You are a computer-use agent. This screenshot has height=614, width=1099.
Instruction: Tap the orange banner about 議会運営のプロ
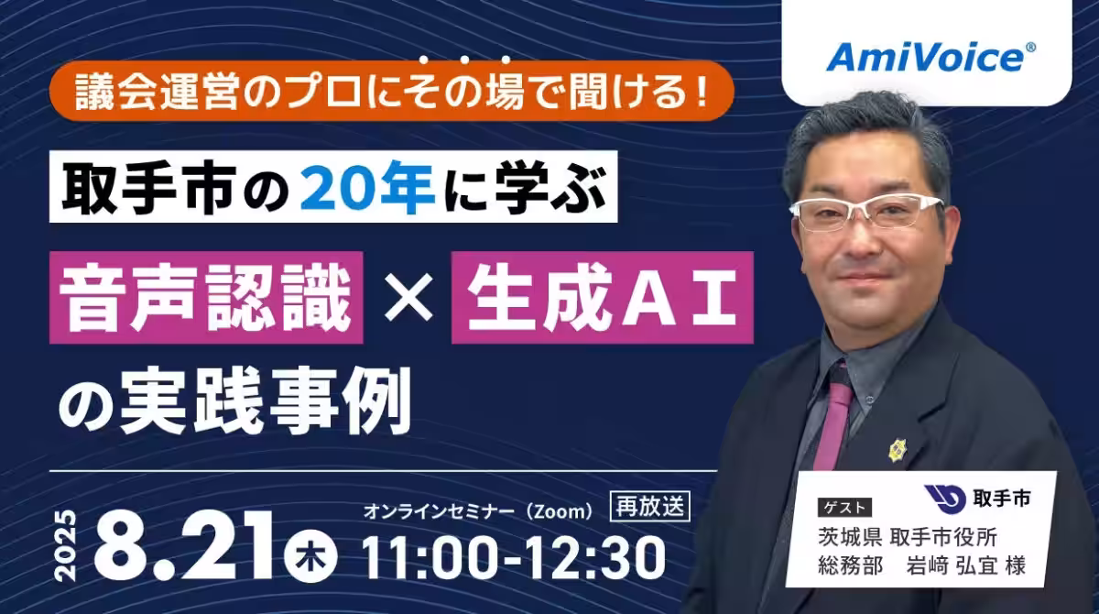tap(392, 91)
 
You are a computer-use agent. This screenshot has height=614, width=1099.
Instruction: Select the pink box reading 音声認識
tap(206, 298)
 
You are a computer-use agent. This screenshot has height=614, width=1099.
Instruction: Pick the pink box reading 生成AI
tap(602, 298)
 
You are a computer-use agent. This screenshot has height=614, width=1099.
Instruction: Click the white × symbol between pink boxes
tap(408, 298)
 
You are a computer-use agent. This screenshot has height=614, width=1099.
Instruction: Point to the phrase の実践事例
tap(234, 401)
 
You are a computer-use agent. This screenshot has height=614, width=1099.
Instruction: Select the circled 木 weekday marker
tap(310, 555)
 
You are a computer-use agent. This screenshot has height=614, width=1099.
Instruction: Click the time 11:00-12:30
tap(514, 556)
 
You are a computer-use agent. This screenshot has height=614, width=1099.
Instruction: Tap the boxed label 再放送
tap(650, 506)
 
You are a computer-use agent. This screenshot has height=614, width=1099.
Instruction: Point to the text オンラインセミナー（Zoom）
tap(479, 512)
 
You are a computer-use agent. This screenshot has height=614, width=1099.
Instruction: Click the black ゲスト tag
tap(844, 507)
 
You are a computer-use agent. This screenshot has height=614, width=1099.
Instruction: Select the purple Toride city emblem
tap(945, 499)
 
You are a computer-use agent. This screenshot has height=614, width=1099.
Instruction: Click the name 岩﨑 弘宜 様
tap(965, 566)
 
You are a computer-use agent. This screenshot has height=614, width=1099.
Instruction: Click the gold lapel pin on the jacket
tap(897, 450)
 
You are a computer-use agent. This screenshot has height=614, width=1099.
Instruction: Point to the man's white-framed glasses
tap(866, 214)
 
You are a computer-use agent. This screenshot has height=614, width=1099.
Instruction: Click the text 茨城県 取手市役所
tap(908, 537)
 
